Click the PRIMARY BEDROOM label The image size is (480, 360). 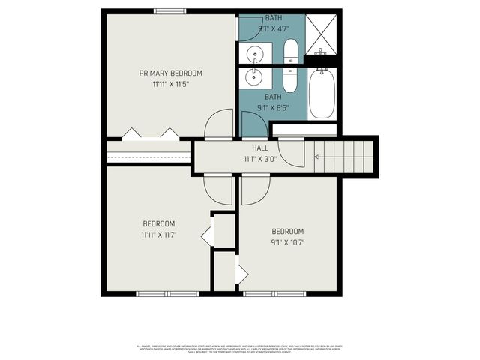[x=171, y=73]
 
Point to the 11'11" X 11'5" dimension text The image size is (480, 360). [x=171, y=84]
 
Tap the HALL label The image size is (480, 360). [x=260, y=148]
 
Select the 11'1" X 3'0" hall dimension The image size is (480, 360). [x=260, y=159]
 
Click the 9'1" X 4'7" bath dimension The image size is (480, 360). [x=274, y=28]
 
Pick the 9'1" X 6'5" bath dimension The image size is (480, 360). [x=273, y=107]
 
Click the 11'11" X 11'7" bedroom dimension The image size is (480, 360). [x=158, y=235]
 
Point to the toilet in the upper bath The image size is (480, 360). [x=291, y=51]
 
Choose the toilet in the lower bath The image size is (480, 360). [x=290, y=79]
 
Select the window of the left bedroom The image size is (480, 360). [x=167, y=293]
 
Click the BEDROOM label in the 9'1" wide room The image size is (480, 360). [x=287, y=231]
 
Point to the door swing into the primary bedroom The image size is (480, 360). [x=219, y=124]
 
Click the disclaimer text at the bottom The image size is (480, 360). [x=240, y=349]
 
